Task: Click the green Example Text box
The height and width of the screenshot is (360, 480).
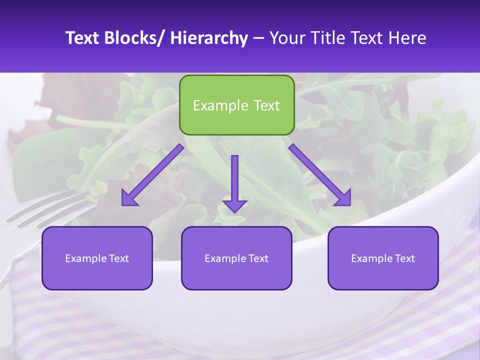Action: [236, 105]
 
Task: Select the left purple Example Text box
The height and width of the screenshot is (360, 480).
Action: [97, 258]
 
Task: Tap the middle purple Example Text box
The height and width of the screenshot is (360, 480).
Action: [236, 258]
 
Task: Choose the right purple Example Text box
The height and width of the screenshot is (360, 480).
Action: [383, 258]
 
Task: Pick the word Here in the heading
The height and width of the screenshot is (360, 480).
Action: [408, 38]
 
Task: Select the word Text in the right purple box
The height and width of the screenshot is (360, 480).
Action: [404, 258]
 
